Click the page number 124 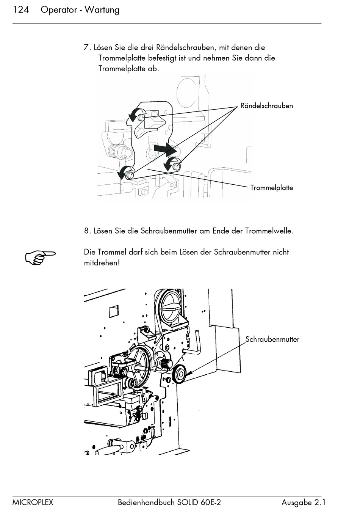pyautogui.click(x=21, y=10)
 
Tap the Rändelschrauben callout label pyautogui.click(x=267, y=106)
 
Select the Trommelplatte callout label pyautogui.click(x=271, y=188)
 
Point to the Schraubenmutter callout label pyautogui.click(x=272, y=339)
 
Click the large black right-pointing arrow pyautogui.click(x=164, y=149)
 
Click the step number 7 pyautogui.click(x=87, y=48)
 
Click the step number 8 pyautogui.click(x=87, y=231)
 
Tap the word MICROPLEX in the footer pyautogui.click(x=33, y=503)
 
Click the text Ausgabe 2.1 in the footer pyautogui.click(x=303, y=503)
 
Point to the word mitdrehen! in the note pyautogui.click(x=102, y=262)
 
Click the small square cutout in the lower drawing pyautogui.click(x=114, y=311)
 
